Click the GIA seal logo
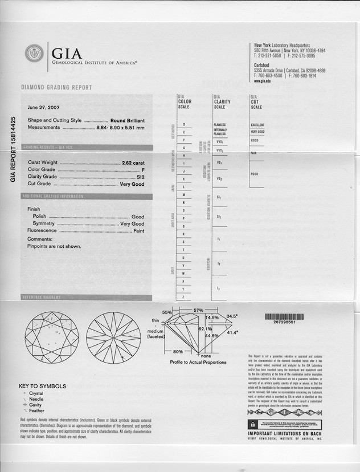tap(34, 54)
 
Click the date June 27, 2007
tap(43, 107)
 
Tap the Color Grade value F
tap(142, 169)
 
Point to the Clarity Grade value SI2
tap(141, 177)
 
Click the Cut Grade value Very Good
tap(132, 184)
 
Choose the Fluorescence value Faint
tap(138, 230)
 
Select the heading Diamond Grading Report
tap(56, 88)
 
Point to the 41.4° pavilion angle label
tap(233, 332)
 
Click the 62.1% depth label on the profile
tap(204, 329)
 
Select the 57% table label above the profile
tap(198, 310)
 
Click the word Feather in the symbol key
tap(36, 410)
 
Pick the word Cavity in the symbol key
tap(35, 405)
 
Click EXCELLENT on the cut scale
tap(257, 125)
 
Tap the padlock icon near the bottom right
tap(252, 425)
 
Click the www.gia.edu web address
tap(265, 81)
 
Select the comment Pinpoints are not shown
tap(54, 246)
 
